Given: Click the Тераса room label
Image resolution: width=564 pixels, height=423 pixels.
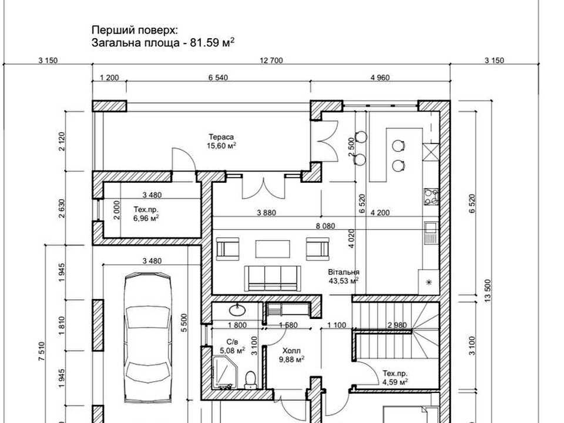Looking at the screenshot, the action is pos(221,137).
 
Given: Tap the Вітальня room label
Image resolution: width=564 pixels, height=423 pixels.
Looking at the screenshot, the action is pos(344,272).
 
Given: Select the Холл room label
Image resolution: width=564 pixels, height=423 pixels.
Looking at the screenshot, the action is pos(291,351).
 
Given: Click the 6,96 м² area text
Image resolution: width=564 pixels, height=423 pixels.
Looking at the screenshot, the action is pos(146,218).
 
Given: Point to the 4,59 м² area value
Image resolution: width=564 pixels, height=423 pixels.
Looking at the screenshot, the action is pos(395,382).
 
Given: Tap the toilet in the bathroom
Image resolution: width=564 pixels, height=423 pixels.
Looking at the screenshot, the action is pos(250,380).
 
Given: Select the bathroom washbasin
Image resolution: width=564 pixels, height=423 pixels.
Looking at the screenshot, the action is pos(238,309).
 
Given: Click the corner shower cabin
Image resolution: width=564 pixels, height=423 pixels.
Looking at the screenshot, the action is pos(224,372).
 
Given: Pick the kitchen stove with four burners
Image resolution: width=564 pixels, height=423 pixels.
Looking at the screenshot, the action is pos(431,197).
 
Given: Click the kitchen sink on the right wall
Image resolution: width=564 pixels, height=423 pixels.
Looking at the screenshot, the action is pos(431,233).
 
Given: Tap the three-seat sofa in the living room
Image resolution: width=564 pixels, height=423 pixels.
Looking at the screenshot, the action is pos(273,278).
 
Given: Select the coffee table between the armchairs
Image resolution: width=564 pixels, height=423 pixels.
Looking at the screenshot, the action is pos(273,249).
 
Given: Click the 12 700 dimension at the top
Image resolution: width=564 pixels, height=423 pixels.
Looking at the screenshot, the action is pos(271,61).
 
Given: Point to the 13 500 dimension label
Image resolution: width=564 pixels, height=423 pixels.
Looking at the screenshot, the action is pos(488,291).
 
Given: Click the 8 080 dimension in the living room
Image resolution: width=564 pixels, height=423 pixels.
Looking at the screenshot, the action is pos(325,226).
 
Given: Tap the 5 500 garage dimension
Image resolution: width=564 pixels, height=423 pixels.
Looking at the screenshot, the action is pos(184,323).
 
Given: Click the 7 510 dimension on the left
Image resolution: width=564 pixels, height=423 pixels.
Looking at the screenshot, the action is pos(42,351).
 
